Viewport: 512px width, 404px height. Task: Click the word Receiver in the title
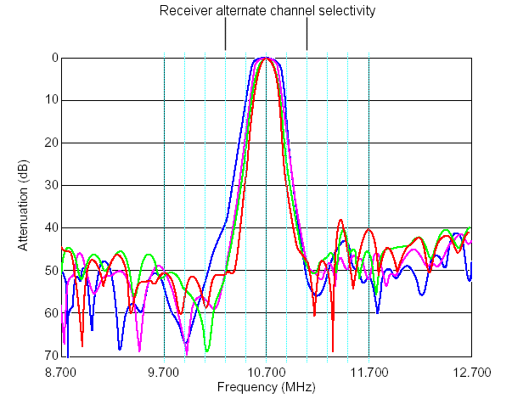coord(183,11)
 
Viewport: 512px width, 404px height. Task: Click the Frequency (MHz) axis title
coord(266,388)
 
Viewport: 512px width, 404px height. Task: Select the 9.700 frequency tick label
coord(164,372)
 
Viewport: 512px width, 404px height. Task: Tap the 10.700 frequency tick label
coord(266,372)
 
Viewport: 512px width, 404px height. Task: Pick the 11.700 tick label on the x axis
coord(369,372)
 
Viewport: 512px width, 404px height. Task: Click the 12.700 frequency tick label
coord(470,372)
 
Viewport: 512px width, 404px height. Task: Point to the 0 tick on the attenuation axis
coord(53,58)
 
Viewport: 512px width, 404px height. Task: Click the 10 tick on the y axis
coord(51,100)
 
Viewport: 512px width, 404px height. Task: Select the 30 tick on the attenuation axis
coord(51,185)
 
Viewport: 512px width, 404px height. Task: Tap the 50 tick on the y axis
coord(51,271)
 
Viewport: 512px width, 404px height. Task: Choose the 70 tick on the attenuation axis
coord(51,356)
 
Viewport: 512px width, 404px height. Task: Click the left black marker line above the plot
coord(225,37)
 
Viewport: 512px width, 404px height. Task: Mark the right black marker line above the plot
coord(307,37)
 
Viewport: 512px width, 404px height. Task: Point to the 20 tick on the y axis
coord(51,143)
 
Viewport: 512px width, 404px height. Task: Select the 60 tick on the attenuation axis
coord(51,313)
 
